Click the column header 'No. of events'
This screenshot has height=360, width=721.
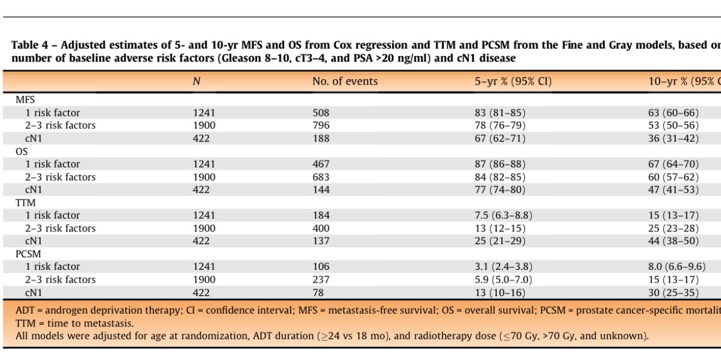[x=345, y=81]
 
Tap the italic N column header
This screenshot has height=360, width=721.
[x=196, y=81]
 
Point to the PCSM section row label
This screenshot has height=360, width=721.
[x=27, y=253]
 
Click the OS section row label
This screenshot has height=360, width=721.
[x=21, y=151]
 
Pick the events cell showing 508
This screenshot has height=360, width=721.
[x=321, y=113]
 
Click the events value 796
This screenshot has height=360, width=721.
[x=321, y=125]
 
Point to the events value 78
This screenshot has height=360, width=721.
[x=318, y=292]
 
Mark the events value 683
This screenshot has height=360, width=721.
[x=321, y=177]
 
